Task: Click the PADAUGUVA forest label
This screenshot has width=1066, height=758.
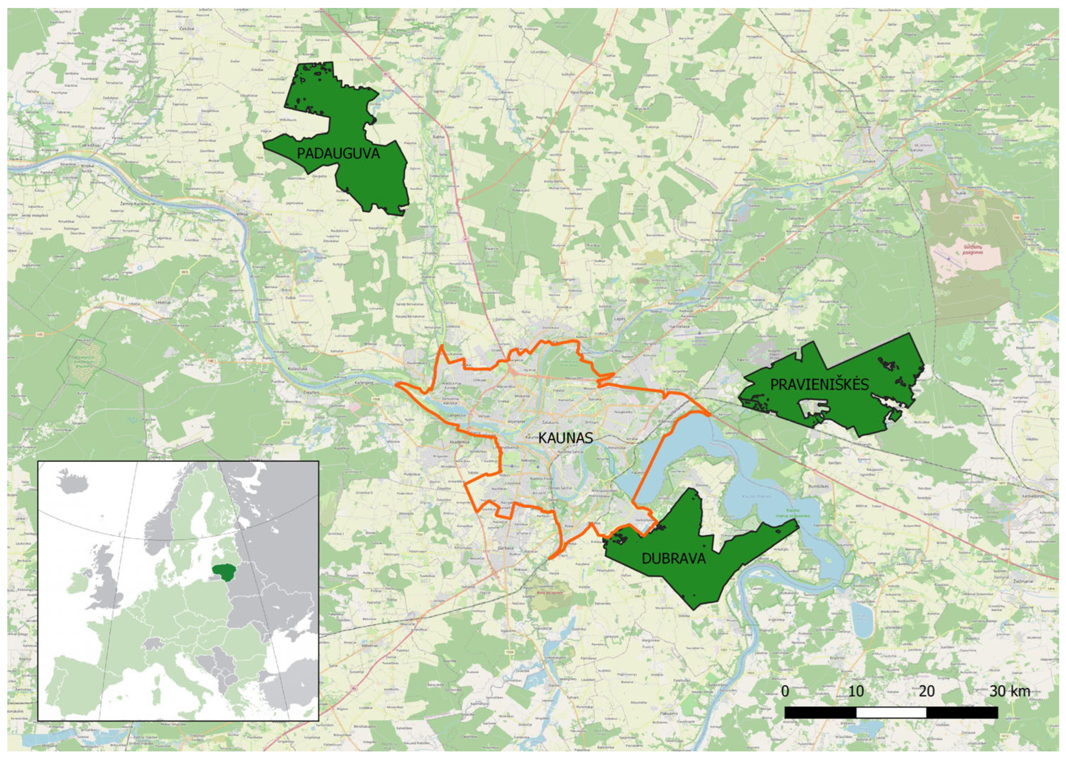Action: tap(338, 154)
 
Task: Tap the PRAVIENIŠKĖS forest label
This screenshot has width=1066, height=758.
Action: tap(819, 384)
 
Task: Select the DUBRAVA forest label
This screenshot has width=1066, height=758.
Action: tap(673, 558)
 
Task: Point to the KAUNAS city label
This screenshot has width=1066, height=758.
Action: tap(565, 438)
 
